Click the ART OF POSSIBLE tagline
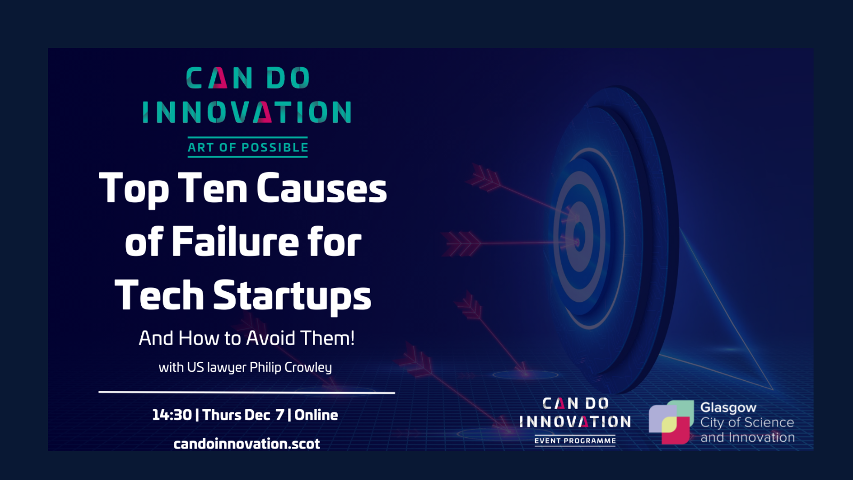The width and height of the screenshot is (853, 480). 247,147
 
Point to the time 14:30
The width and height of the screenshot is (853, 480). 172,415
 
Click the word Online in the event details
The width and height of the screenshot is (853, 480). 316,415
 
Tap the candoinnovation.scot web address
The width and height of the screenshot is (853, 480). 247,444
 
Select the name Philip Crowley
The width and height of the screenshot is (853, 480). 291,367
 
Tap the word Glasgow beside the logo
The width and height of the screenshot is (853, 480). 728,408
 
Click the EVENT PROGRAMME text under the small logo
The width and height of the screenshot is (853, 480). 575,441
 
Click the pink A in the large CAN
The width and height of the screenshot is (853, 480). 220,78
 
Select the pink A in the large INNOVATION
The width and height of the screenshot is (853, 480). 264,112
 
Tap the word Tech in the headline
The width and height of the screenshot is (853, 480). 159,295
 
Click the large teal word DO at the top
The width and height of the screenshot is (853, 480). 288,78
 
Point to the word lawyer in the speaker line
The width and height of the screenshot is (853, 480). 227,367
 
